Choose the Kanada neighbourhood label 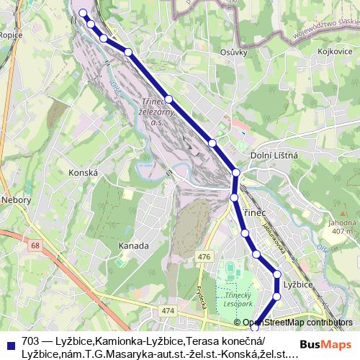[x=133, y=246]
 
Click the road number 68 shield [x=36, y=246]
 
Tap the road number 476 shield [x=204, y=257]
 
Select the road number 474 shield [x=168, y=310]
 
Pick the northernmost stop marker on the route [x=83, y=12]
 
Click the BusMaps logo [x=321, y=344]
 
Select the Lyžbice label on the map [x=297, y=284]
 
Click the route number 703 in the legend [x=31, y=341]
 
